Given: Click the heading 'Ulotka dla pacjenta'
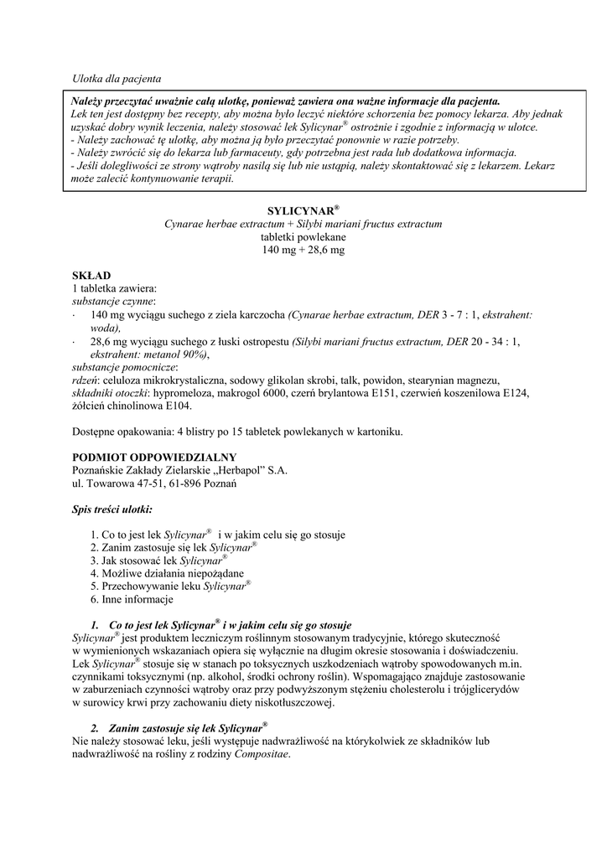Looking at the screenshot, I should coord(117,78).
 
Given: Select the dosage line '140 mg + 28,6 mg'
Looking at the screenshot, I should coord(303,251).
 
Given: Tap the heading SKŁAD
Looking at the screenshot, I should coord(91,276).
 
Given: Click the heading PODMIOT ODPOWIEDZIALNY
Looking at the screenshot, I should coord(154,457).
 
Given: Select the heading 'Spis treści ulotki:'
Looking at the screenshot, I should coord(112,509).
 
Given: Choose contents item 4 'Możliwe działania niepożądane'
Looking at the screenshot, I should coord(173,574).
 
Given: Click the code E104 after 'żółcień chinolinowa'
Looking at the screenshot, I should coord(176,406).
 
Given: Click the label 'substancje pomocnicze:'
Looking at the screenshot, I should coord(125,367).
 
